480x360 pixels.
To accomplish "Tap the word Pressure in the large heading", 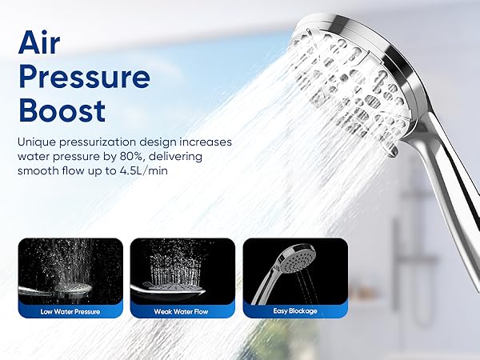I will coord(84,78).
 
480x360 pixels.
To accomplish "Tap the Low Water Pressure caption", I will coord(70,311).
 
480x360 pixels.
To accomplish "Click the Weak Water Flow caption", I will coord(182,311).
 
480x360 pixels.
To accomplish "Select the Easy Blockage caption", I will coord(295,311).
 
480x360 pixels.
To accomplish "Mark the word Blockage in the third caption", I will coord(304,311).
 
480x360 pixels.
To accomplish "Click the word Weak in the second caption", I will coord(164,311).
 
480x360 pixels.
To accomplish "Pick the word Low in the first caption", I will coord(47,311).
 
